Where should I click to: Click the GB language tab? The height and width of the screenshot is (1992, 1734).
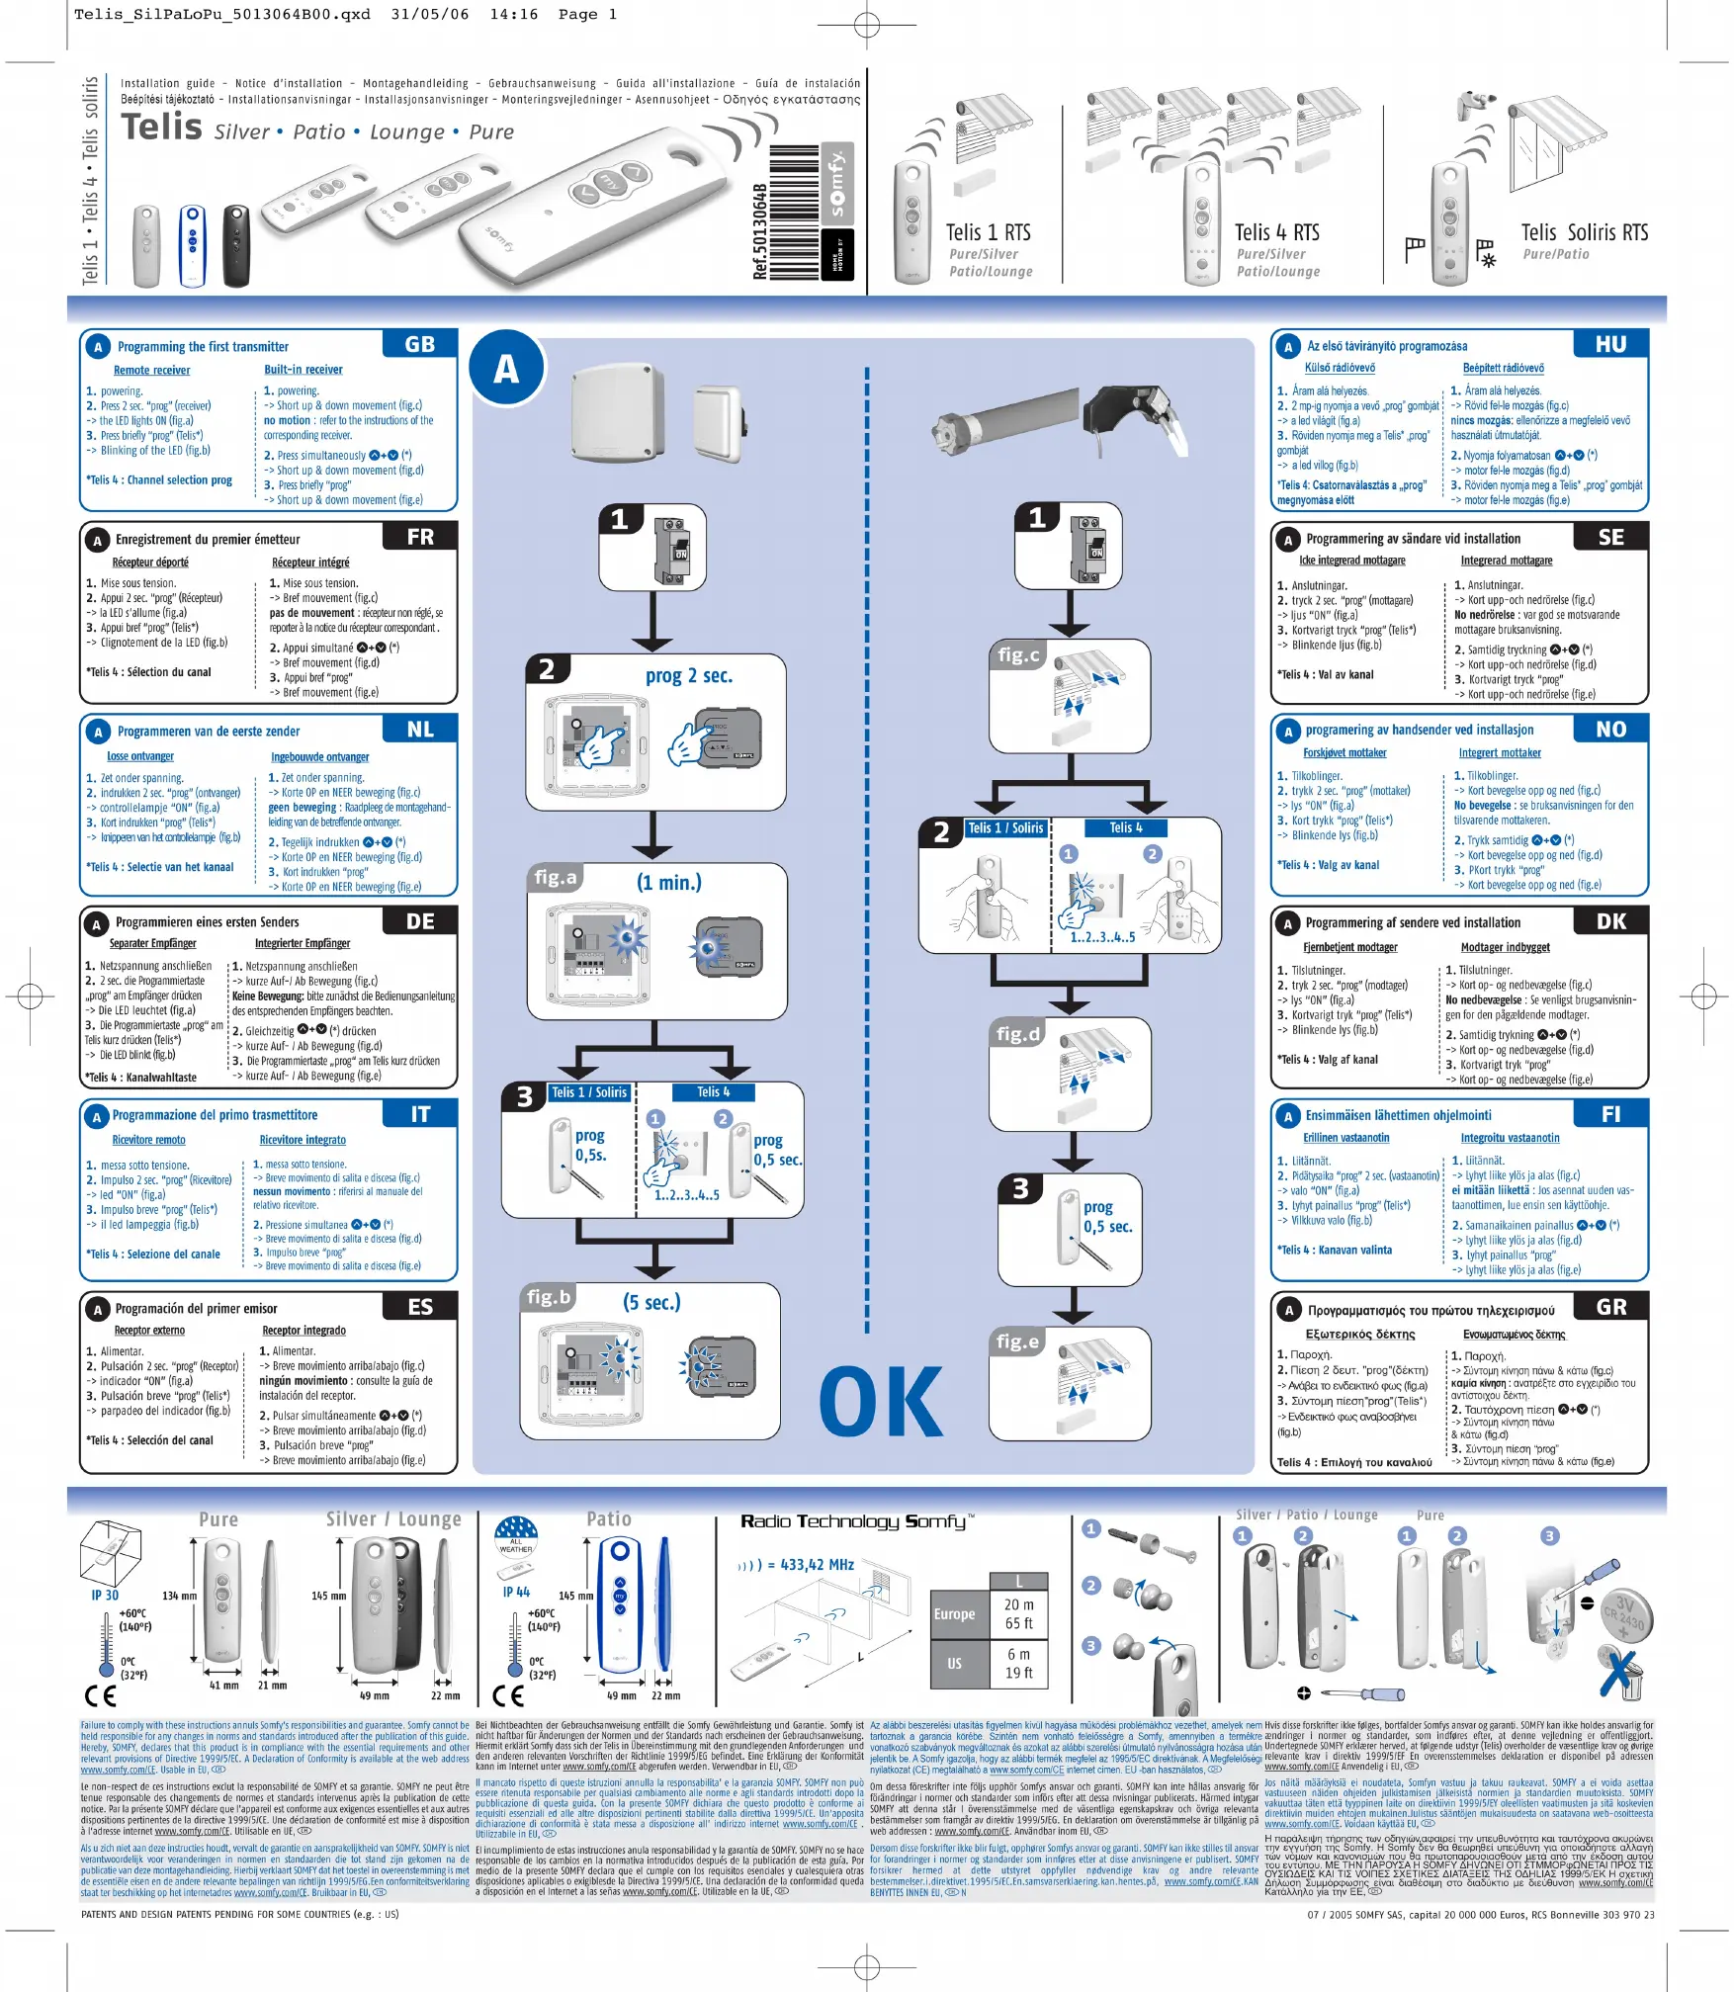click(x=420, y=344)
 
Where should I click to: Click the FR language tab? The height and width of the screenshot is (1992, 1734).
click(x=420, y=537)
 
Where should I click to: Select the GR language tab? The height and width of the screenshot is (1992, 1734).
click(x=1610, y=1307)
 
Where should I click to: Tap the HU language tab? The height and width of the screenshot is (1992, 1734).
click(x=1610, y=344)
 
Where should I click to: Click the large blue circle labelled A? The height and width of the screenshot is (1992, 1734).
click(x=507, y=369)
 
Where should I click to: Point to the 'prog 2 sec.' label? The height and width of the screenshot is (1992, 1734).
click(x=688, y=676)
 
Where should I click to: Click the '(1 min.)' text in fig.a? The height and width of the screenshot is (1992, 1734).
click(x=669, y=882)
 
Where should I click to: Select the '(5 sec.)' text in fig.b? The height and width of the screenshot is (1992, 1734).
click(x=651, y=1302)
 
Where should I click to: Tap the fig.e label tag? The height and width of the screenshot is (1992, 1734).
click(x=1017, y=1342)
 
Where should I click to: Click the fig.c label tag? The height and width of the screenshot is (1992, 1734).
click(x=1018, y=654)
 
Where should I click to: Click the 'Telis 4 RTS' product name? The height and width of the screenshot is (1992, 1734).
click(x=1276, y=232)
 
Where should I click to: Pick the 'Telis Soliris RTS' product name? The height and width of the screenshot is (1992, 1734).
click(x=1584, y=232)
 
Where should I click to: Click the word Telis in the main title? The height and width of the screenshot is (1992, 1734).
click(x=161, y=128)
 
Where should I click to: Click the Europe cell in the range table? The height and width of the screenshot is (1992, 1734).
click(x=954, y=1614)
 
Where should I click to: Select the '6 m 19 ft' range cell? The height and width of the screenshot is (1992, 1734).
click(x=1019, y=1663)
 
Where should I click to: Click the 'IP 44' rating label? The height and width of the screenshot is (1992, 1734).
click(x=516, y=1593)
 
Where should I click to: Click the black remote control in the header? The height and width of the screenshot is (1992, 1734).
click(x=236, y=245)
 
